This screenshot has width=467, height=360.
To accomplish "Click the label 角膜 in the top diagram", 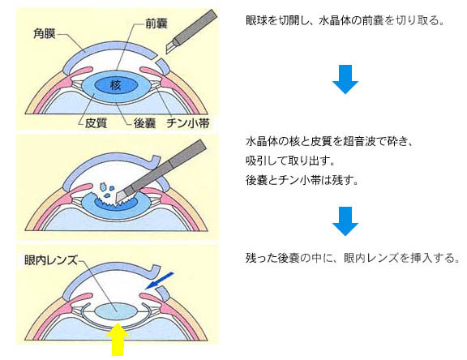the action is pyautogui.click(x=45, y=34).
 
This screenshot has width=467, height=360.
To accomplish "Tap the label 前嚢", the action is pyautogui.click(x=156, y=24).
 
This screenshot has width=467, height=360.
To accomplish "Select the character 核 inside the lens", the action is pyautogui.click(x=116, y=85).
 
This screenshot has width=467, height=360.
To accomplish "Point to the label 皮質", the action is pyautogui.click(x=96, y=123).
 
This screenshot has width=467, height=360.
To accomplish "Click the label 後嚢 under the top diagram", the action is pyautogui.click(x=145, y=123).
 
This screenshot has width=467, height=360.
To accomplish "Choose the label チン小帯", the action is pyautogui.click(x=188, y=123).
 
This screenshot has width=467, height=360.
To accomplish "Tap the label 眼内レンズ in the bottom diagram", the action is pyautogui.click(x=50, y=260).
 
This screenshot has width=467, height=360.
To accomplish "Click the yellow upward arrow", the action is pyautogui.click(x=118, y=339).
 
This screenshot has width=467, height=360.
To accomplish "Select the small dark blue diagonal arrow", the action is pyautogui.click(x=159, y=281).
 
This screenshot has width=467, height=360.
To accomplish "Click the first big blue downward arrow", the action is pyautogui.click(x=345, y=79).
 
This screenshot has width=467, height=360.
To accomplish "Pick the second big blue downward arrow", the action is pyautogui.click(x=345, y=221).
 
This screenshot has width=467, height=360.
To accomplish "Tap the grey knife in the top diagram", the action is pyautogui.click(x=191, y=32).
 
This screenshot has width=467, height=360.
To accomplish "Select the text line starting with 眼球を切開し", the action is pyautogui.click(x=345, y=20).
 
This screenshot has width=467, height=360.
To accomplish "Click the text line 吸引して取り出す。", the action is pyautogui.click(x=290, y=161).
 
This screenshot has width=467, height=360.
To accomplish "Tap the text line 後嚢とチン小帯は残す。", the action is pyautogui.click(x=302, y=180).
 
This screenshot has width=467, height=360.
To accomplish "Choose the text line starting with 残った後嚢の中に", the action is pyautogui.click(x=353, y=258).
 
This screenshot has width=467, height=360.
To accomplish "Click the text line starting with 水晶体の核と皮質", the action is pyautogui.click(x=329, y=141).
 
